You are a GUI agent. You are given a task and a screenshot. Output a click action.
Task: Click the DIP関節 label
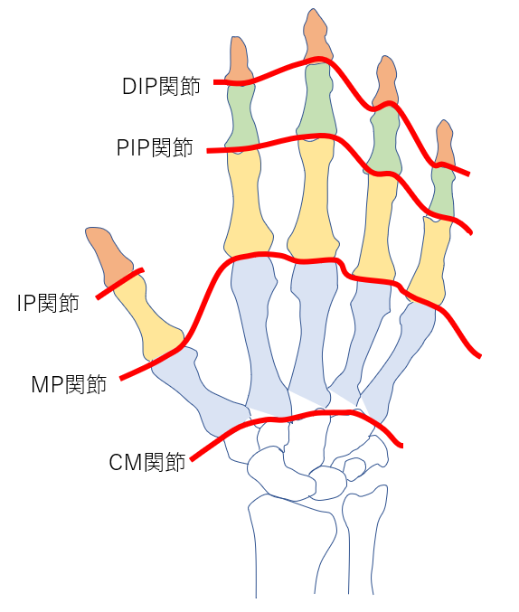161,86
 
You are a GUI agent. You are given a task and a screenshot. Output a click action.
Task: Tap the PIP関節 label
155,147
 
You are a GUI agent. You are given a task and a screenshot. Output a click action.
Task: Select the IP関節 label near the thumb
48,303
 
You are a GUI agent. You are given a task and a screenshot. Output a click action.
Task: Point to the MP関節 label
69,384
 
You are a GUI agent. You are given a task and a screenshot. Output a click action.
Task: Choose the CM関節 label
147,463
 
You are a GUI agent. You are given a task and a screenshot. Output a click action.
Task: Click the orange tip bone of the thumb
109,256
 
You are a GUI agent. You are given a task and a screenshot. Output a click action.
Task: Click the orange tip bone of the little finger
445,144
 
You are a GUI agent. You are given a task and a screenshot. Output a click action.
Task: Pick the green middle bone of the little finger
442,193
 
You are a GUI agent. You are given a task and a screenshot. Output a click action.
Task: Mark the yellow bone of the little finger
429,260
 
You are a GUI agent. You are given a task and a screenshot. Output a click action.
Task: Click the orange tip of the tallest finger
316,36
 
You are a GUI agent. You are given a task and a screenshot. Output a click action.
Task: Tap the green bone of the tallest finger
316,99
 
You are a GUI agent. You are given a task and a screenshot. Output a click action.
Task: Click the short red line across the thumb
120,283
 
